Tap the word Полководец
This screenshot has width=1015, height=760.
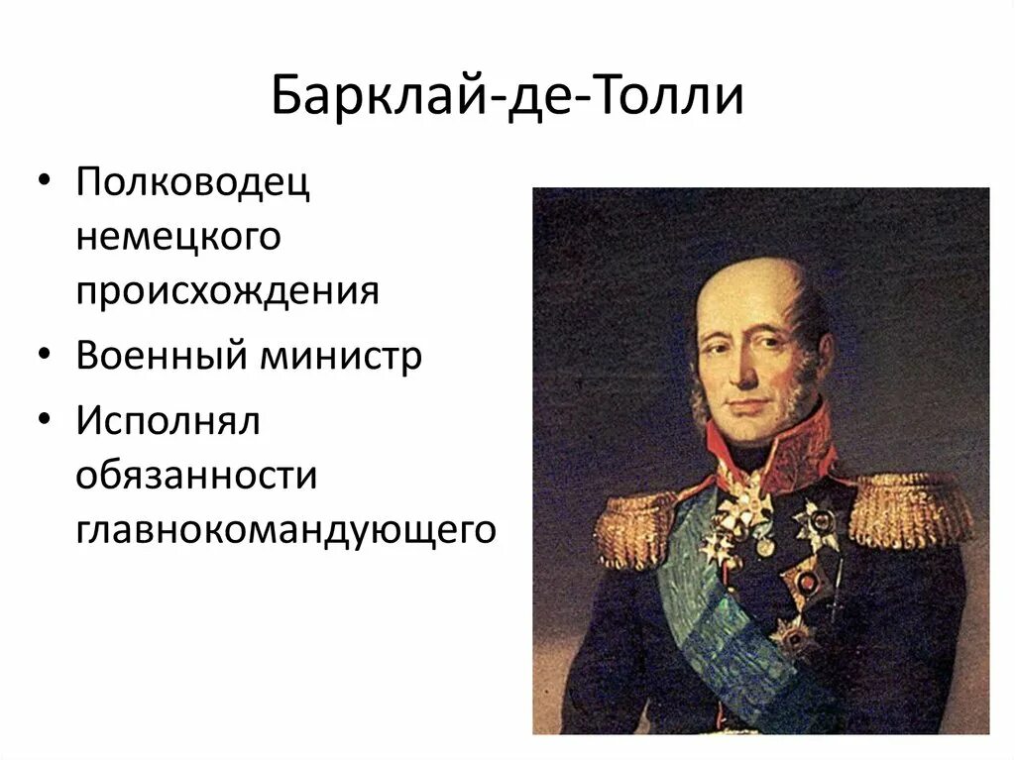(192, 183)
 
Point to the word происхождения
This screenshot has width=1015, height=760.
(228, 291)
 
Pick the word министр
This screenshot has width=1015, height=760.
(341, 356)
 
